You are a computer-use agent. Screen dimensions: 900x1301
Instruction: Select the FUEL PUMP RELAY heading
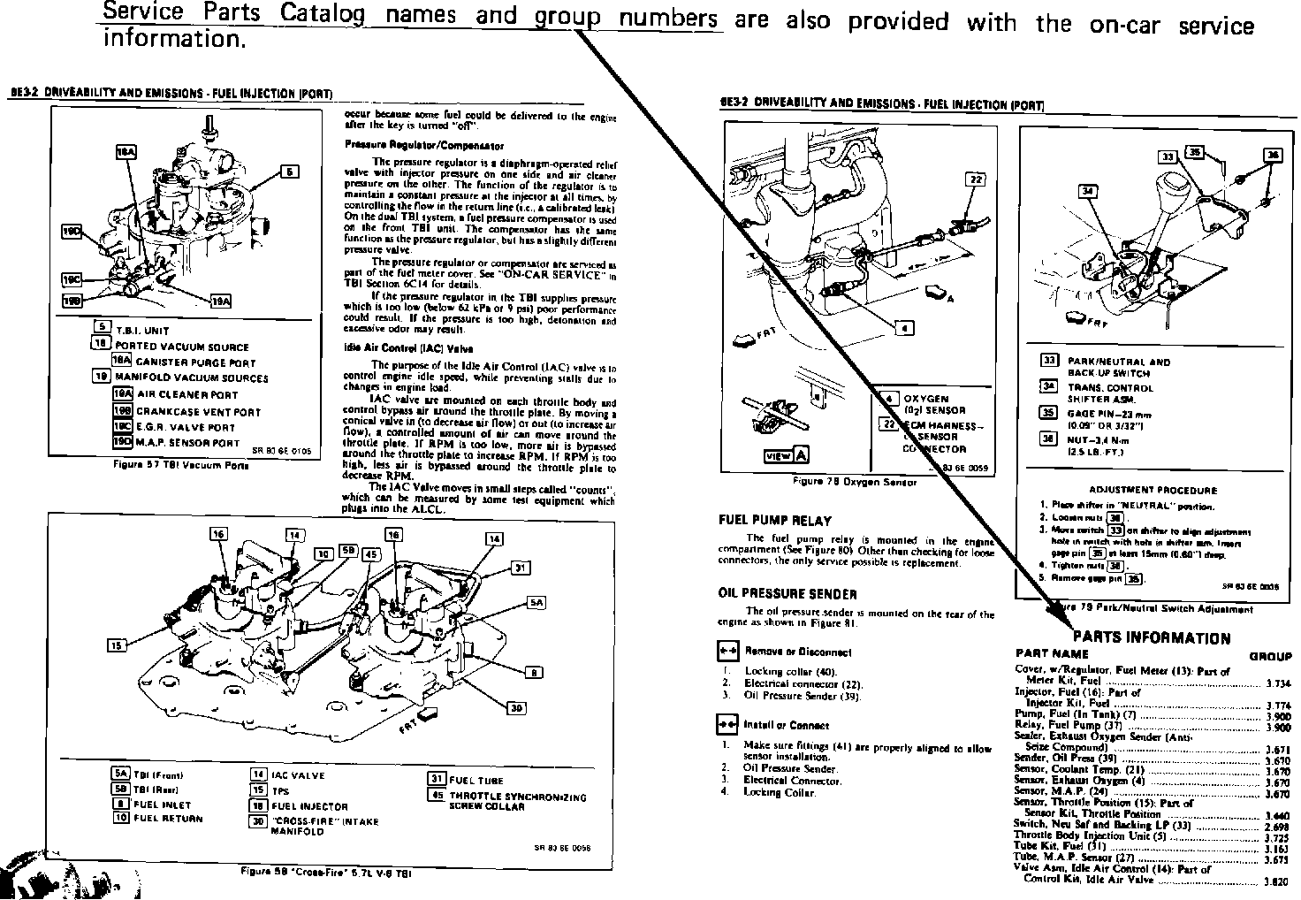click(x=775, y=521)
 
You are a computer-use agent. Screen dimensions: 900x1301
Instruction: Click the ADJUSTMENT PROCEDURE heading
click(x=1153, y=490)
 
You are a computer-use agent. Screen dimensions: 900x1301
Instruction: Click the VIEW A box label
click(x=787, y=455)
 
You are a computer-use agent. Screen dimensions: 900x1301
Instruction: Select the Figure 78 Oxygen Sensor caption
click(x=855, y=483)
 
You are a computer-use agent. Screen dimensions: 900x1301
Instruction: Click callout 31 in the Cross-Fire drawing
click(x=521, y=568)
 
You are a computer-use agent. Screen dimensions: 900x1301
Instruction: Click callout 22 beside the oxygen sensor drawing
click(x=976, y=179)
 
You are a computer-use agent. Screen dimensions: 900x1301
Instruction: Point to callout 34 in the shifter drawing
click(x=1088, y=191)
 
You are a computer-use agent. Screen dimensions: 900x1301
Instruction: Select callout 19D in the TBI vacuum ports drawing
click(x=72, y=232)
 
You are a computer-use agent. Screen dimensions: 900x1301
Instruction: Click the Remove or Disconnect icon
click(x=727, y=652)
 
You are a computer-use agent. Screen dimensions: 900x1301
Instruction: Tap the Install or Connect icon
click(x=727, y=725)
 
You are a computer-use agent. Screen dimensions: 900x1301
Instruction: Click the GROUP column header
click(x=1270, y=656)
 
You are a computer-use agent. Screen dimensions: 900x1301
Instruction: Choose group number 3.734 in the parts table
click(x=1278, y=683)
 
